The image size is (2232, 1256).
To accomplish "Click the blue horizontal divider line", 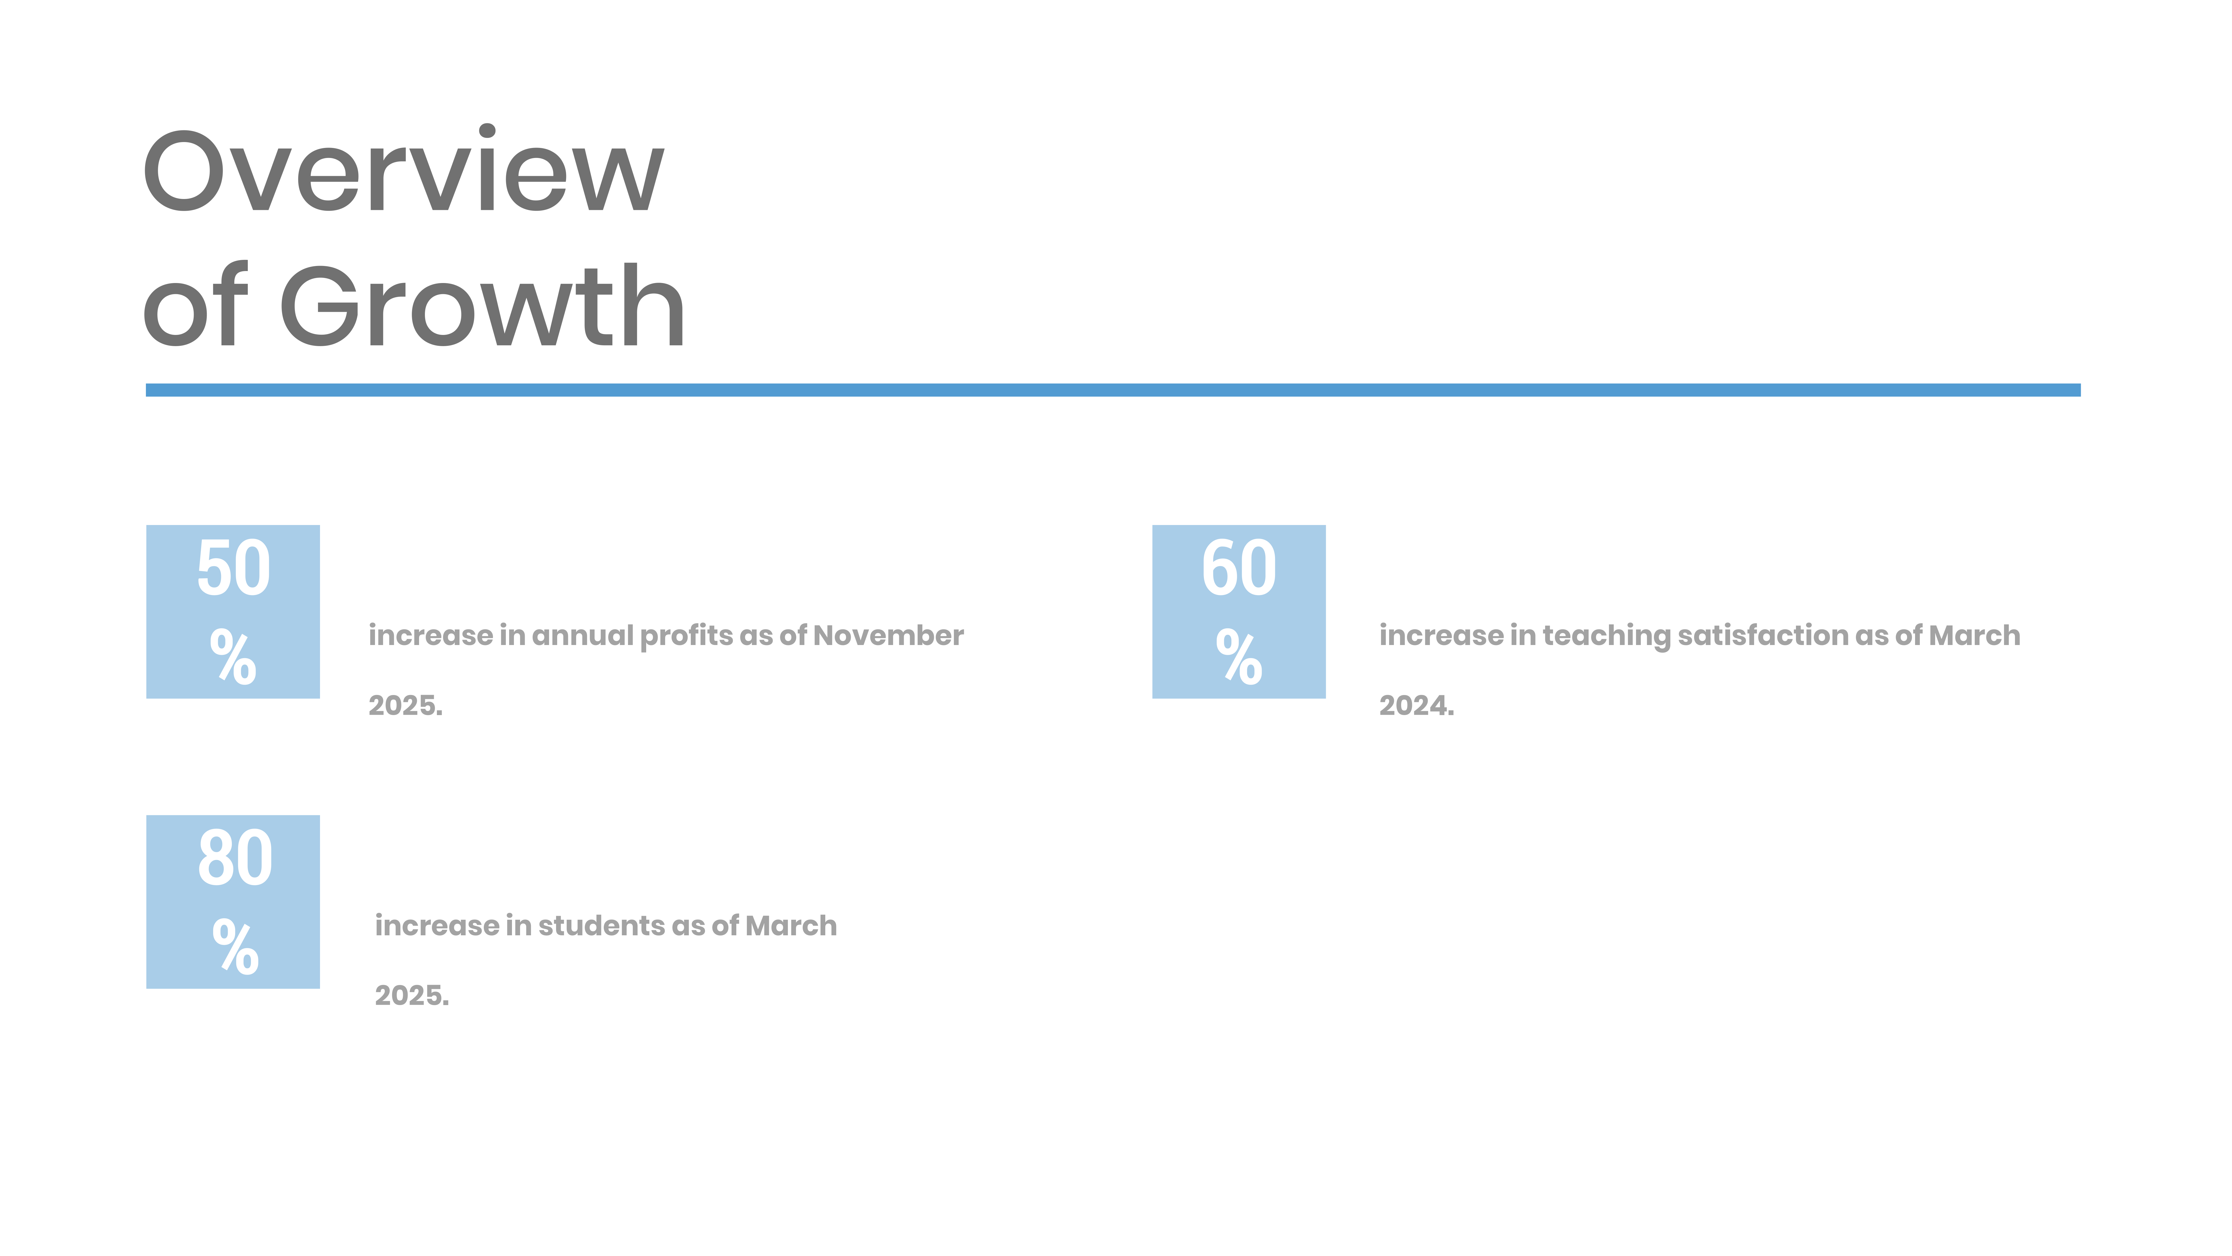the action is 1113,390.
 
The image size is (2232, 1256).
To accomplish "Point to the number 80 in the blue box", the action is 235,858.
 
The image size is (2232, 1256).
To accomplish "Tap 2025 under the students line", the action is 412,996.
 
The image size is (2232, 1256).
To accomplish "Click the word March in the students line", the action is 791,926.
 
